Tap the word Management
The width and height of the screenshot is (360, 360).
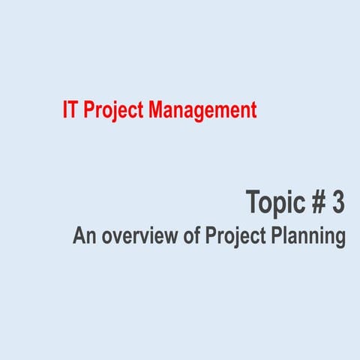[x=202, y=111]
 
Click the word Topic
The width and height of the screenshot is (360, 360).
[x=274, y=202]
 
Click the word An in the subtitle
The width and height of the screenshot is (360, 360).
[x=82, y=236]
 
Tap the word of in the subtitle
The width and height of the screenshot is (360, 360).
[x=192, y=236]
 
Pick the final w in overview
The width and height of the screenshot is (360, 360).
[x=174, y=238]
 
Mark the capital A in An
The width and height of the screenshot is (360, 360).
[x=78, y=236]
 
